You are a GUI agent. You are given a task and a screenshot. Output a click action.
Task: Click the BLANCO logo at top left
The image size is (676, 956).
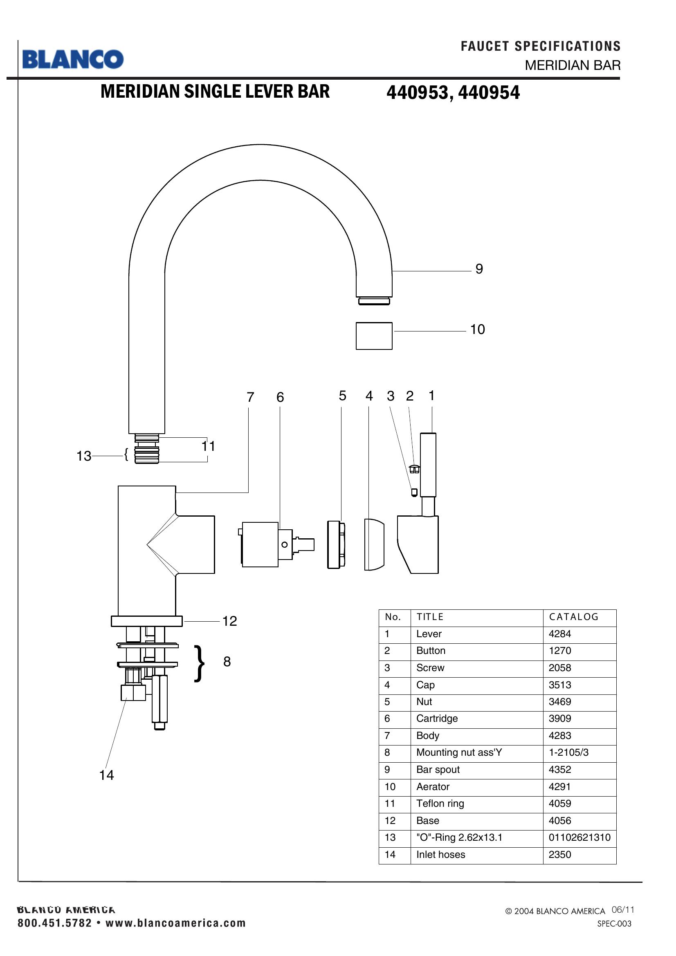73,59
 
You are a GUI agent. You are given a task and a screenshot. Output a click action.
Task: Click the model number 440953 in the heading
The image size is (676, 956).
418,92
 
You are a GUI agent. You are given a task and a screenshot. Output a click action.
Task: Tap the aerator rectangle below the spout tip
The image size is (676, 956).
374,336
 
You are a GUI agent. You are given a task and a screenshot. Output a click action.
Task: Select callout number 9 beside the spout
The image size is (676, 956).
479,269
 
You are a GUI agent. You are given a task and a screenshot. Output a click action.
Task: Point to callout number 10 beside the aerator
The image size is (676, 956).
477,329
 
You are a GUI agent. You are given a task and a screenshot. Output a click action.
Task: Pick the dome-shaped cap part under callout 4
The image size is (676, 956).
374,544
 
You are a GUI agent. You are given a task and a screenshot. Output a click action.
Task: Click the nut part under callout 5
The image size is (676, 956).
336,544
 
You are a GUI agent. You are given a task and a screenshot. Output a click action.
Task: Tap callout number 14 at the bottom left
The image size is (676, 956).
106,775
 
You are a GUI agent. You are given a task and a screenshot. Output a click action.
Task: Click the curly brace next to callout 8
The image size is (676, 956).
200,663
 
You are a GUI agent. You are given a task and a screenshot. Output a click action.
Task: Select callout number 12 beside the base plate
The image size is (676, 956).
229,621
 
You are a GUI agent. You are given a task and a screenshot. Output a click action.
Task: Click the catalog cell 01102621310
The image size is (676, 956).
579,837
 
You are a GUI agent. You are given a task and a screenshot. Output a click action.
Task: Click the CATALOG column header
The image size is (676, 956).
573,617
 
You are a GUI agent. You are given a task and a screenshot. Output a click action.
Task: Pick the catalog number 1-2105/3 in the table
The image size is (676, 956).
568,752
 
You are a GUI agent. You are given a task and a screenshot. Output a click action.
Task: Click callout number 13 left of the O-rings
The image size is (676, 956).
84,456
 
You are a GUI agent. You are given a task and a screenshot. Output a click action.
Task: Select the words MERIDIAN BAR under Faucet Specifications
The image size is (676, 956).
572,65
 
